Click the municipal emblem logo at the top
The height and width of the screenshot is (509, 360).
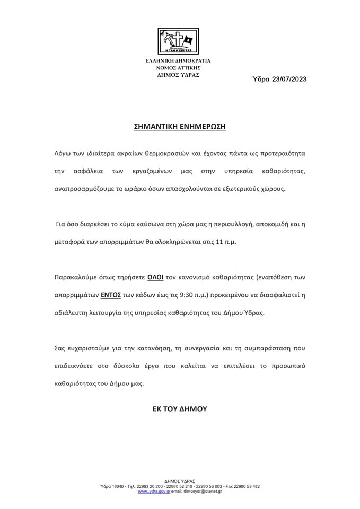coord(178,41)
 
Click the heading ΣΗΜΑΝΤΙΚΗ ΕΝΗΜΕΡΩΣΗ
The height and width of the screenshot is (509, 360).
coord(180,127)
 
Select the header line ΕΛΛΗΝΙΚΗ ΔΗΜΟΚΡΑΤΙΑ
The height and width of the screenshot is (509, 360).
coord(178,61)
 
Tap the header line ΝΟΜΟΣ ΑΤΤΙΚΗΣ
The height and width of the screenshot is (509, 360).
coord(178,68)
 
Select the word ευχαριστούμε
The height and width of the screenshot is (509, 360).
coord(87,348)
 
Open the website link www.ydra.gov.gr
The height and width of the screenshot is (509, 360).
coord(154,492)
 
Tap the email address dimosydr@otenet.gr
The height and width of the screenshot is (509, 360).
coord(203,492)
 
